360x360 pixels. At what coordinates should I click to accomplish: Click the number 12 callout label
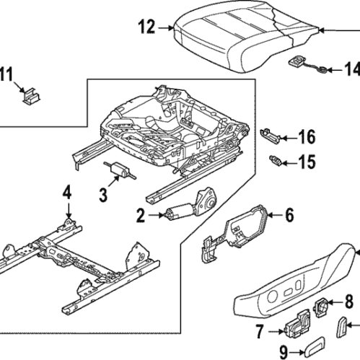tap(146, 28)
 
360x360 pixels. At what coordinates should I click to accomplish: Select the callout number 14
tap(351, 69)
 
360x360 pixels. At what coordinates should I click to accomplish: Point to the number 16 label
tap(307, 136)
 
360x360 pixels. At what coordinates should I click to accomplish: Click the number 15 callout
tap(307, 162)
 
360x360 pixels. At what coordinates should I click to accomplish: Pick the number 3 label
tap(103, 194)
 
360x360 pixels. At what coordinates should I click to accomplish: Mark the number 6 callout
tap(289, 214)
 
